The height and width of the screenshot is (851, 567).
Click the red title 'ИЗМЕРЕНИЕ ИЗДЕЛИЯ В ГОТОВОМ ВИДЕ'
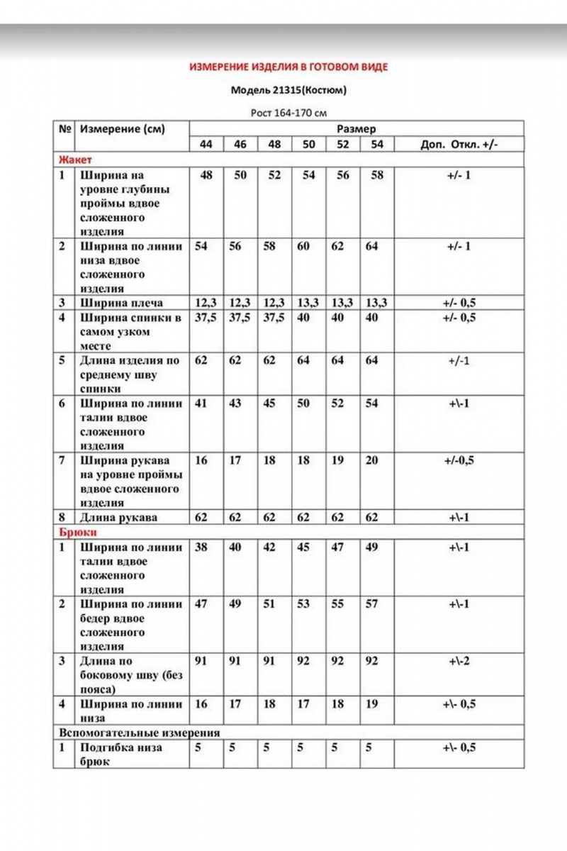(x=288, y=67)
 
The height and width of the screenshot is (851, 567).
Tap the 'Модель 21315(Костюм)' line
(x=289, y=91)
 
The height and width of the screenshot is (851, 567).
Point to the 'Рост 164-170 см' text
(x=289, y=112)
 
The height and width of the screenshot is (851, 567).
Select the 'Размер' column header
(x=356, y=129)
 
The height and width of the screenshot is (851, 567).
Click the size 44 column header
(x=206, y=144)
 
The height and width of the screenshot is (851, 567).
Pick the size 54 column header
(x=376, y=144)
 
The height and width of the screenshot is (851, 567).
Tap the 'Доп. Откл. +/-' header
(x=459, y=144)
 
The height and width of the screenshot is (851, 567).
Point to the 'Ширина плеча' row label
(x=121, y=303)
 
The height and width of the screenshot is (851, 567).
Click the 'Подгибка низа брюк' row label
(x=120, y=755)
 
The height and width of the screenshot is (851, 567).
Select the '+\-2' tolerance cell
(x=459, y=661)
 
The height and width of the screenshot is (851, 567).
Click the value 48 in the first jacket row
(x=206, y=174)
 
